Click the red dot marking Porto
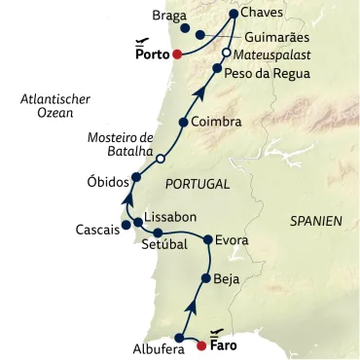point(176,55)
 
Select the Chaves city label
point(263,14)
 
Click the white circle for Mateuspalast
point(226,53)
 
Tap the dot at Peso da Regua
point(217,69)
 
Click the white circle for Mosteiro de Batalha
point(161,158)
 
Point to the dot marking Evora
point(207,239)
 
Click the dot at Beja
point(205,279)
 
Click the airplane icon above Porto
point(143,43)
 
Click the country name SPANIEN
point(316,222)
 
